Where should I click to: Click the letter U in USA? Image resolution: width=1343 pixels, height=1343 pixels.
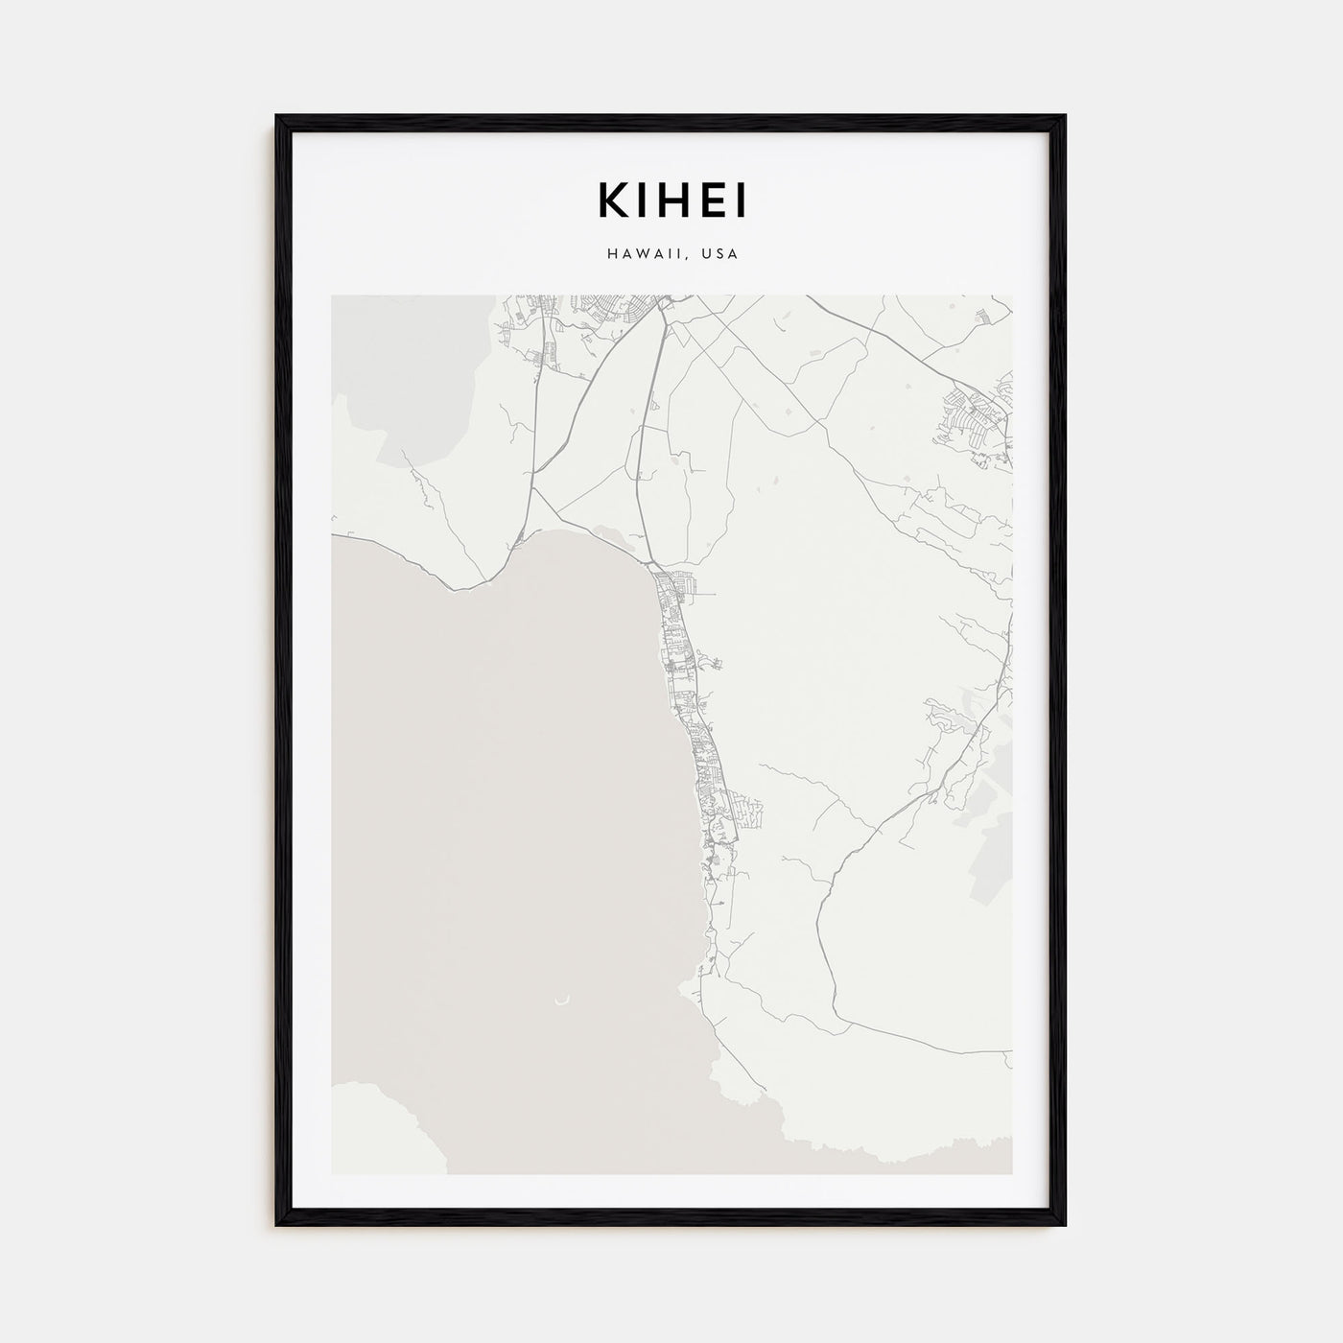pos(705,254)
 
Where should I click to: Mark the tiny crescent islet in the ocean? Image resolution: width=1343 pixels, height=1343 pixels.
pos(561,1001)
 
